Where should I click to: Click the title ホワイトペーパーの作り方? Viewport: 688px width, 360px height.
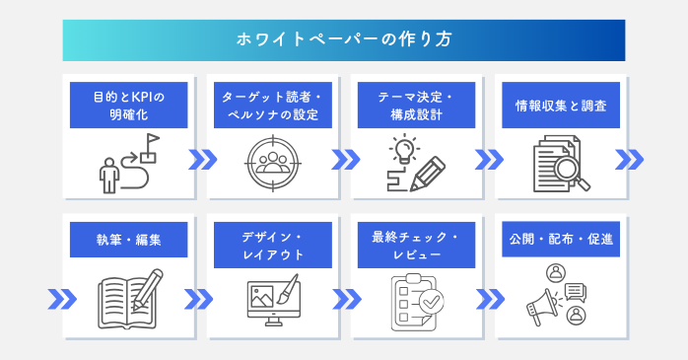point(344,40)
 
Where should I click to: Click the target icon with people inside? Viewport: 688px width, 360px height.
point(270,162)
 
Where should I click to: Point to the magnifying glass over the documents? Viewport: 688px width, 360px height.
point(571,172)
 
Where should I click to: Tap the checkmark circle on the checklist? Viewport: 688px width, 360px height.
point(432,302)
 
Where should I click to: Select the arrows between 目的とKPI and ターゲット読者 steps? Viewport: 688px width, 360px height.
point(201,161)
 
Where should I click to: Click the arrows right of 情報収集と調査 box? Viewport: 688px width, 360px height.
point(629,161)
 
